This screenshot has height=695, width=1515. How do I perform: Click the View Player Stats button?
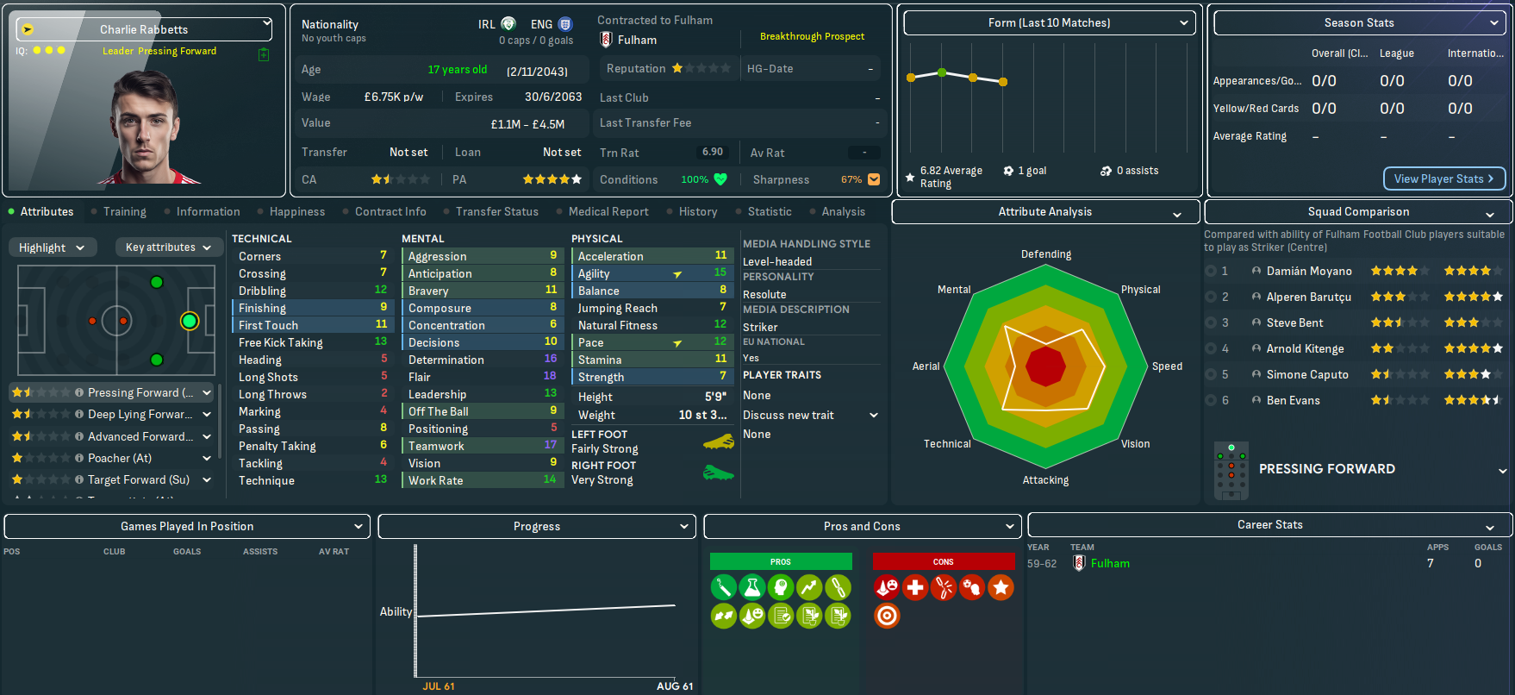[x=1443, y=178]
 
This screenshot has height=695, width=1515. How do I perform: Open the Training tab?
[x=124, y=211]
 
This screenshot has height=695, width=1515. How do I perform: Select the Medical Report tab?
[x=608, y=211]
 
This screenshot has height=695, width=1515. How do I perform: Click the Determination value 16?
[x=550, y=359]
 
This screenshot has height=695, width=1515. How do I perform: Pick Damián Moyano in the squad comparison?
[x=1308, y=271]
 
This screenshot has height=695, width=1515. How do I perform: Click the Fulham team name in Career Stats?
[x=1109, y=563]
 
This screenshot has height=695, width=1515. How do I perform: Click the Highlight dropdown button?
[x=52, y=247]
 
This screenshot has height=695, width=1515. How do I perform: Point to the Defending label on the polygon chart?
[x=1045, y=254]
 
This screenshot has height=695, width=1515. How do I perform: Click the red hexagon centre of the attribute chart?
[x=1045, y=366]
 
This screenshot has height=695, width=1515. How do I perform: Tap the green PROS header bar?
[x=780, y=561]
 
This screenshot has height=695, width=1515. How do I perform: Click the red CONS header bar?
[x=943, y=561]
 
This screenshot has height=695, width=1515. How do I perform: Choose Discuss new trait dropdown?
[x=810, y=415]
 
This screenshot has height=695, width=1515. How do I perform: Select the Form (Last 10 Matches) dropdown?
[x=1049, y=23]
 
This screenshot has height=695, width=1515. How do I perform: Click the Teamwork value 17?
[x=550, y=445]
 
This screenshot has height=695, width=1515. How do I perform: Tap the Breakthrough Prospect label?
[x=812, y=36]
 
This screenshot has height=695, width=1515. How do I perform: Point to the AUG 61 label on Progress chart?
[x=674, y=686]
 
